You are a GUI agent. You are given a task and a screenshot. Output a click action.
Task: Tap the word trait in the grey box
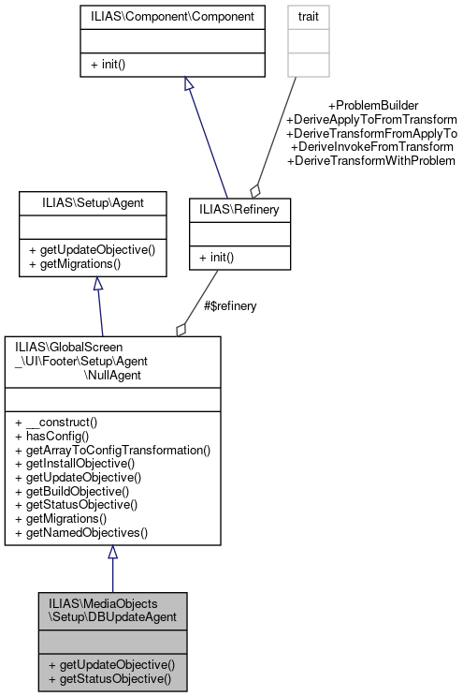[x=308, y=17]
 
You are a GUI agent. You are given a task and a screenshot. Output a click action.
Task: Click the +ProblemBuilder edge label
[x=373, y=106]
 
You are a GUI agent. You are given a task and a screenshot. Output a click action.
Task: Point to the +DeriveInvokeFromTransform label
[x=372, y=147]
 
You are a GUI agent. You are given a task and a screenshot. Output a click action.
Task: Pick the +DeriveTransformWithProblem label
[x=371, y=161]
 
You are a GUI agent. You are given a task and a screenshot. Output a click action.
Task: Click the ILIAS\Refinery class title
[x=240, y=211]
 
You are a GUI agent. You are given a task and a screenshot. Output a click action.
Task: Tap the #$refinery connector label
[x=230, y=305]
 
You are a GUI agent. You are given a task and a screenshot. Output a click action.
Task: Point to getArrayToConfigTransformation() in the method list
[x=113, y=450]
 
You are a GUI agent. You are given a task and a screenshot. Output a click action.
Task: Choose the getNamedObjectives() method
[x=80, y=532]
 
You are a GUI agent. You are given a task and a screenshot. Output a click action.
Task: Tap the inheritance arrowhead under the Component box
[x=189, y=84]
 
